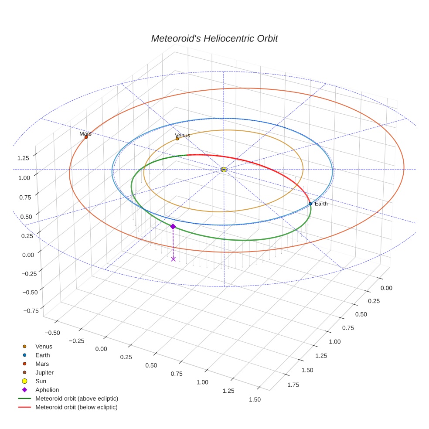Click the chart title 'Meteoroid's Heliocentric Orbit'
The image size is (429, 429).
[214, 38]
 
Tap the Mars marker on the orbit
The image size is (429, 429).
[86, 137]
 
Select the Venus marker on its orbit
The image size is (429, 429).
[177, 139]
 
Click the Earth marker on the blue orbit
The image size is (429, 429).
[310, 204]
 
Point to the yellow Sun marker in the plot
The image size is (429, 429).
[224, 169]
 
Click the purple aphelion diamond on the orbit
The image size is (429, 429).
[173, 226]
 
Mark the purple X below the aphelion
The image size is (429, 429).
[174, 259]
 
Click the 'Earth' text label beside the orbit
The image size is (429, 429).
[321, 204]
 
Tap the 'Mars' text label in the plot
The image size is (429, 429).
[85, 134]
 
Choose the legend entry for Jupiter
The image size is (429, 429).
[44, 372]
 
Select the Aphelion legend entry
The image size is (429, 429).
[47, 390]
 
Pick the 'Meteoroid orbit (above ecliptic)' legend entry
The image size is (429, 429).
[76, 398]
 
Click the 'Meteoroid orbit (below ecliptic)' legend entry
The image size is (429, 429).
[76, 407]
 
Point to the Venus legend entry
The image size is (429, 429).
[44, 346]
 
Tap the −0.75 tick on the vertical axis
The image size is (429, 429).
[30, 310]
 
